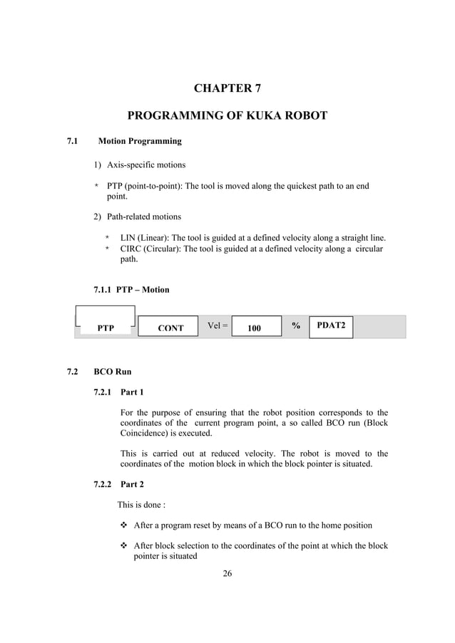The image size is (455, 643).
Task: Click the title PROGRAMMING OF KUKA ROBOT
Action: (x=227, y=116)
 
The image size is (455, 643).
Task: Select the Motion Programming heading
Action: (x=140, y=141)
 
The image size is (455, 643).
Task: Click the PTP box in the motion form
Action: (x=106, y=328)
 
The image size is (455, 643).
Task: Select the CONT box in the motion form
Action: (x=170, y=328)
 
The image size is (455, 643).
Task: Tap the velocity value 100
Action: (x=254, y=328)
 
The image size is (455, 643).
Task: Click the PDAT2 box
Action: (x=331, y=325)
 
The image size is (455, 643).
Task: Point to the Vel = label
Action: (x=218, y=326)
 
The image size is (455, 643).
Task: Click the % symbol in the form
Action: (x=295, y=325)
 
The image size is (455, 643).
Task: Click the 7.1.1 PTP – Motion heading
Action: (x=131, y=290)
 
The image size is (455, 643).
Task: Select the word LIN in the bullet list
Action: (x=128, y=237)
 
